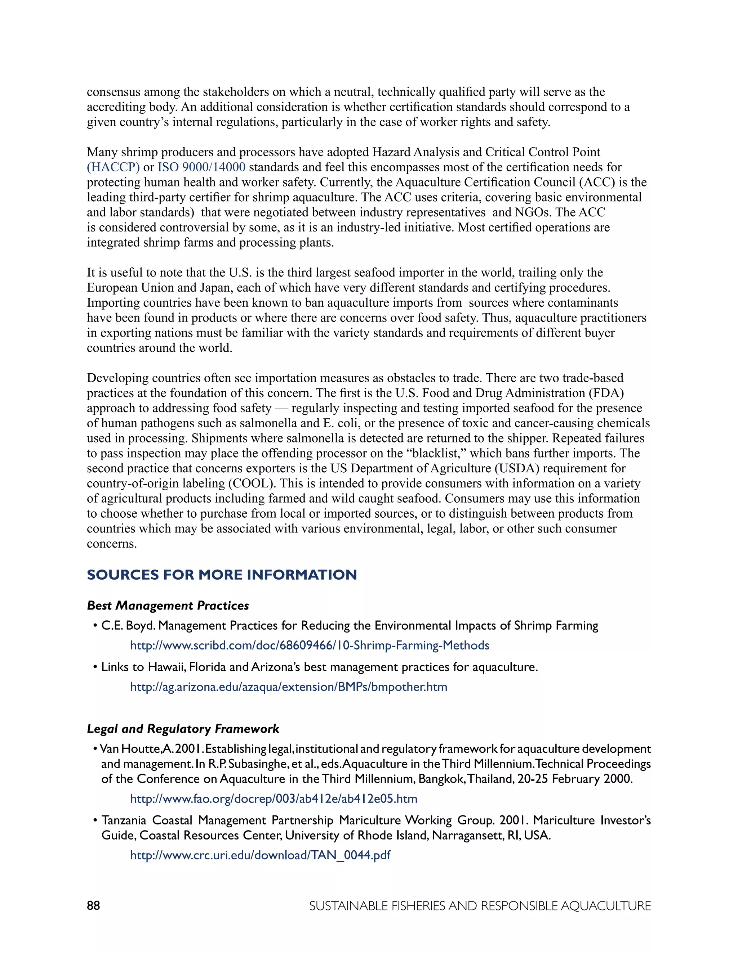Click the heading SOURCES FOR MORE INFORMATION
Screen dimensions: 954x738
point(222,575)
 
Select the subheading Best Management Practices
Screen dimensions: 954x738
point(168,606)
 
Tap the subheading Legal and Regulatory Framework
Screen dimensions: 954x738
point(183,729)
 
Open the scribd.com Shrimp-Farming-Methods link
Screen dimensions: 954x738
point(310,645)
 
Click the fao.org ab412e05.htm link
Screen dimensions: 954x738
point(274,798)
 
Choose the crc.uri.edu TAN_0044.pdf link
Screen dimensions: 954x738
point(260,855)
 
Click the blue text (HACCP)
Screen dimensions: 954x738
point(113,167)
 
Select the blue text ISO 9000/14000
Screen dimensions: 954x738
point(201,167)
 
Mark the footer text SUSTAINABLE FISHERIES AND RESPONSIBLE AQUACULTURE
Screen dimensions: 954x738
point(480,906)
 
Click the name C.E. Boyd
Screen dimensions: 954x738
point(128,626)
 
